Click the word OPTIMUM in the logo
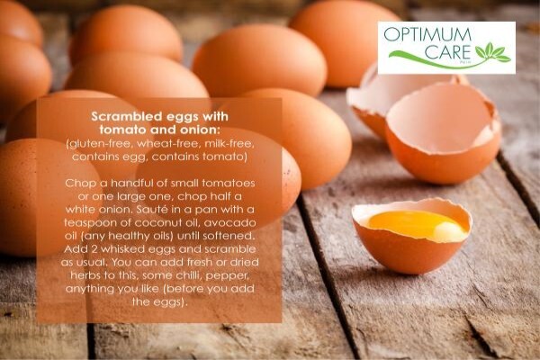427,35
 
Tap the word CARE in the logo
447,52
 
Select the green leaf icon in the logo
492,53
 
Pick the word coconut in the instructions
158,223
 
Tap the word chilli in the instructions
186,275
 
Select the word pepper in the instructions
227,276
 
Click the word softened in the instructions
229,236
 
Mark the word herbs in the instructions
85,275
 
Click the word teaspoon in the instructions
90,223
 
